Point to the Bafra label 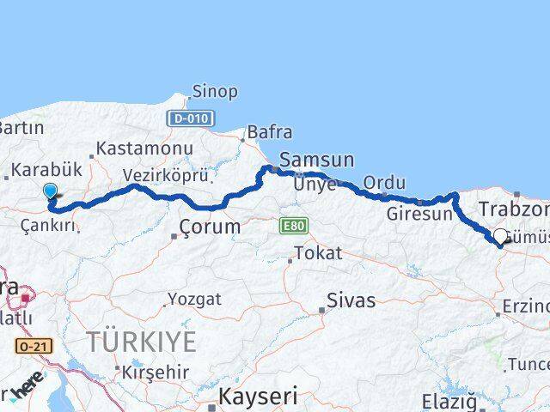click(269, 132)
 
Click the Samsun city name click(317, 160)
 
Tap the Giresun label click(419, 214)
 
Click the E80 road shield click(292, 226)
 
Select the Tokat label click(318, 253)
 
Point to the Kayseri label click(257, 397)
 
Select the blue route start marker click(51, 194)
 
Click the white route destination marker click(500, 235)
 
